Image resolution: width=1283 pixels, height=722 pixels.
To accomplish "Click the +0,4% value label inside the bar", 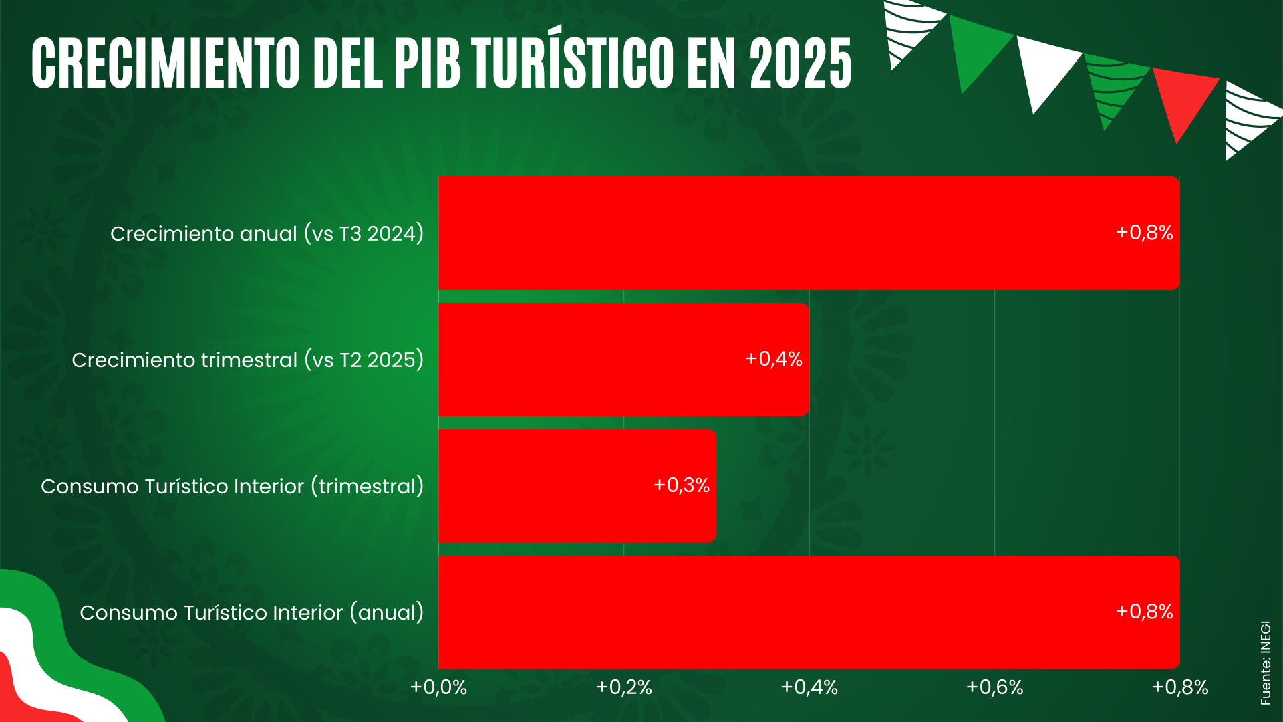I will pos(774,359).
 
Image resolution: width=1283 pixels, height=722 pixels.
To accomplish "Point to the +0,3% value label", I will pos(682,485).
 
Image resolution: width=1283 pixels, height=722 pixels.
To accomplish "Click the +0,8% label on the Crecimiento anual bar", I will pos(1145,233).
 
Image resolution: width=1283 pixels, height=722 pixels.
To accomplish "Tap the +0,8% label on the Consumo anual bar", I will pos(1145,612).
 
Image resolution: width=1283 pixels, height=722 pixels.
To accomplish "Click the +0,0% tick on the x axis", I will pos(438,687).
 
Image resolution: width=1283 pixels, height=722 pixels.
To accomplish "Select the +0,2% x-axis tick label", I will pos(623,687).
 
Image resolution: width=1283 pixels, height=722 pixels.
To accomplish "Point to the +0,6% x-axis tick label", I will pos(994,687).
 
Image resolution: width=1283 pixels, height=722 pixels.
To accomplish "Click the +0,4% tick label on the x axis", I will pos(809,687).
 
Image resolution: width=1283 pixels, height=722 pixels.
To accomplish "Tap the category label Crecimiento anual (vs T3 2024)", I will pos(267,233).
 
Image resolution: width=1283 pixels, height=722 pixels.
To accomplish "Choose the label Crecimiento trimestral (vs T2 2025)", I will pos(247,360).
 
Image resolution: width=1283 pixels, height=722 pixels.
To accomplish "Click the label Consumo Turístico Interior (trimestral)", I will pos(232,486).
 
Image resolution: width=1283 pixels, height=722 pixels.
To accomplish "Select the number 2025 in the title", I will pos(800,63).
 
